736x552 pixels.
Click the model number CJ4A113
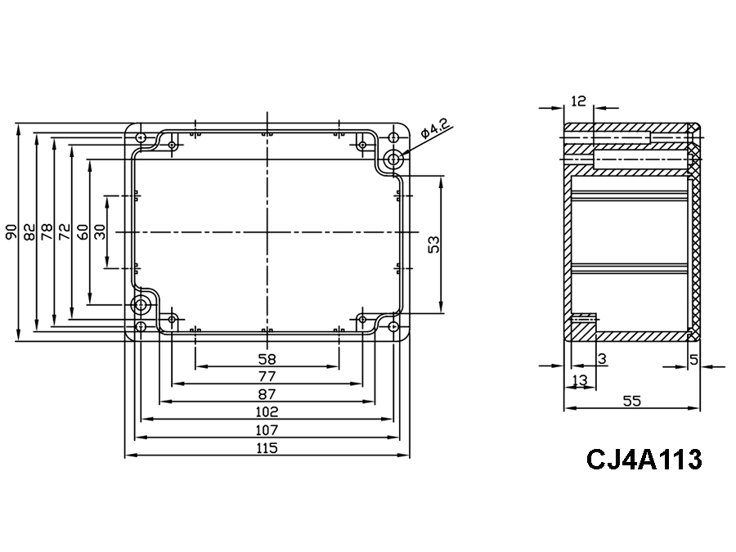[644, 460]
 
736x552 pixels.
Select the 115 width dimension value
[267, 448]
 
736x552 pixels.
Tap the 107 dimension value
[267, 430]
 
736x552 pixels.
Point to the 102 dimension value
[267, 412]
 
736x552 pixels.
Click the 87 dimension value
[267, 394]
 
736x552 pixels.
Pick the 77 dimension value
[267, 376]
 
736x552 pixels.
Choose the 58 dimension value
[267, 358]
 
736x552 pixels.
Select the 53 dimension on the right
[434, 245]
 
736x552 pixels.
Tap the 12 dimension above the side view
[579, 101]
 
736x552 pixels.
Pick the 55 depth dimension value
[632, 401]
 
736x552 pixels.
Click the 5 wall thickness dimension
[693, 358]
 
